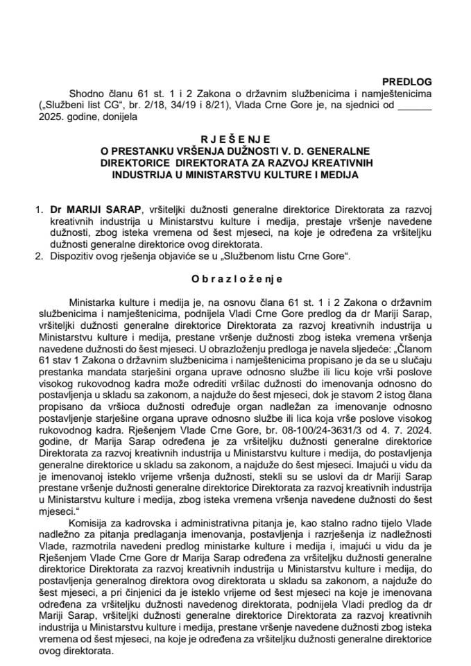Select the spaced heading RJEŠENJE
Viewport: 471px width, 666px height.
(235, 139)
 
